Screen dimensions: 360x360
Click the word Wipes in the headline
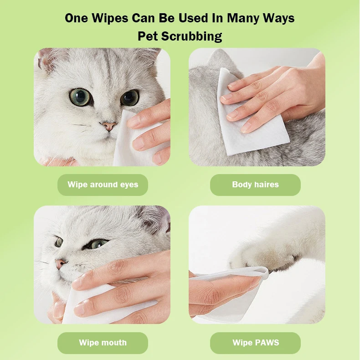109,18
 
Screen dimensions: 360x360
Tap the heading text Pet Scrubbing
180,36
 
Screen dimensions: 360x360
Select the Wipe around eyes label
103,185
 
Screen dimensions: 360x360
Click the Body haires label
255,185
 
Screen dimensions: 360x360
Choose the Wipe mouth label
103,343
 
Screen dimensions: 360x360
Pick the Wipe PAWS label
255,343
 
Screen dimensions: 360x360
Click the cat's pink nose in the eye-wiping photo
109,126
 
